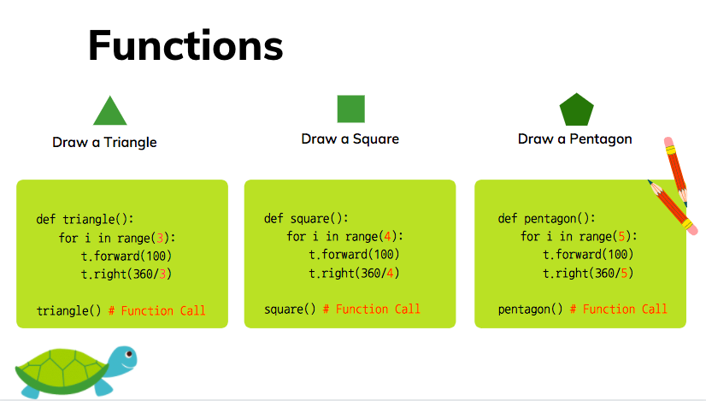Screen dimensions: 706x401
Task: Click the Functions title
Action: [x=185, y=45]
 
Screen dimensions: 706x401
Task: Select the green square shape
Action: [x=350, y=109]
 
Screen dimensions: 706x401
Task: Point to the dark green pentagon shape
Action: [x=576, y=110]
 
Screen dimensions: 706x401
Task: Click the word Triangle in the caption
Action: [x=130, y=143]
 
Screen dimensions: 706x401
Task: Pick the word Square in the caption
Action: [x=375, y=139]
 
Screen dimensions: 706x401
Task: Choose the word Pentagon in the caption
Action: [x=601, y=139]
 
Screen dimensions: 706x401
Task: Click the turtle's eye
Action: [x=129, y=354]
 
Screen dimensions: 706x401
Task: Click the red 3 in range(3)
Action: [x=160, y=238]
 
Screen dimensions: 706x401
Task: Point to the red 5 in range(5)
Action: [x=621, y=237]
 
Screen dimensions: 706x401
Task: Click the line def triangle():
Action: [x=85, y=220]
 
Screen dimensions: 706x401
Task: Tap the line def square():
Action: [x=306, y=219]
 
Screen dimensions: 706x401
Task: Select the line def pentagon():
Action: [x=547, y=219]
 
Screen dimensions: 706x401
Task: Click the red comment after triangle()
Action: [x=156, y=310]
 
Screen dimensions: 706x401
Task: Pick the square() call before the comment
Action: [x=290, y=309]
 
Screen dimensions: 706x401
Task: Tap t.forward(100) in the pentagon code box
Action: [x=588, y=255]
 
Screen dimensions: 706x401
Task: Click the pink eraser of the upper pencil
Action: [x=668, y=141]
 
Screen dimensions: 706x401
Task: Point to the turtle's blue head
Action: [x=123, y=360]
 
